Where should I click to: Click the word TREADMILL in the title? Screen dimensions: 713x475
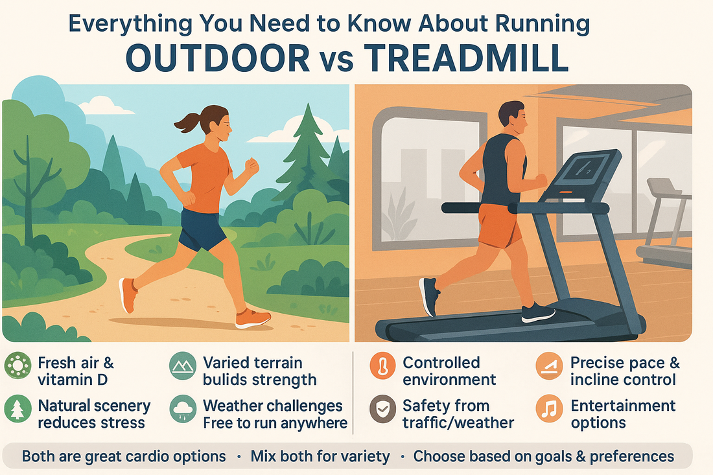[466, 58]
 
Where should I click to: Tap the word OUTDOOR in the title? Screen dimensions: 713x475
[218, 58]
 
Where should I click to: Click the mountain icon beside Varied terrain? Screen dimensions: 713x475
[183, 366]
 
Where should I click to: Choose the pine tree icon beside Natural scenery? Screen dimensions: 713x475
[18, 409]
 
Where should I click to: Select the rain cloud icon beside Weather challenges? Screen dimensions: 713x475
[183, 409]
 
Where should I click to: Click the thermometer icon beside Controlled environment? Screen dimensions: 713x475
[382, 366]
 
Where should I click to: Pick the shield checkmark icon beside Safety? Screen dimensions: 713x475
[382, 409]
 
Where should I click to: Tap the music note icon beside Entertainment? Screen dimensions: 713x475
[549, 409]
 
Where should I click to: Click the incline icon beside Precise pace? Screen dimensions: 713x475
[549, 366]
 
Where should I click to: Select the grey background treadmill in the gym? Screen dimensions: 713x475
[665, 223]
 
